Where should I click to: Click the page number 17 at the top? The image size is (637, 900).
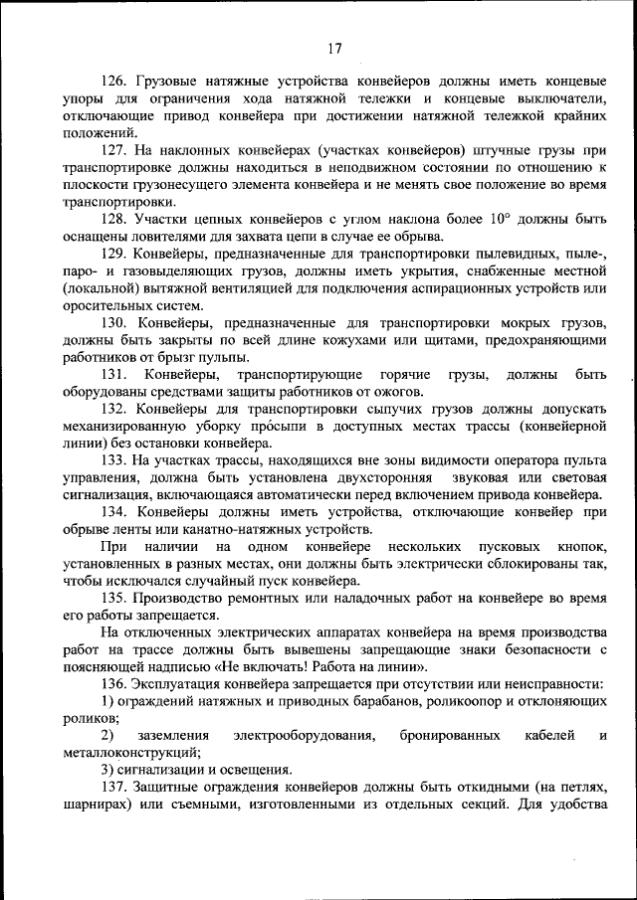click(x=334, y=49)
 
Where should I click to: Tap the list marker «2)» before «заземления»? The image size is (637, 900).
click(x=107, y=735)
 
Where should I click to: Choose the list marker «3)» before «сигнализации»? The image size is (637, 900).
click(x=107, y=769)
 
